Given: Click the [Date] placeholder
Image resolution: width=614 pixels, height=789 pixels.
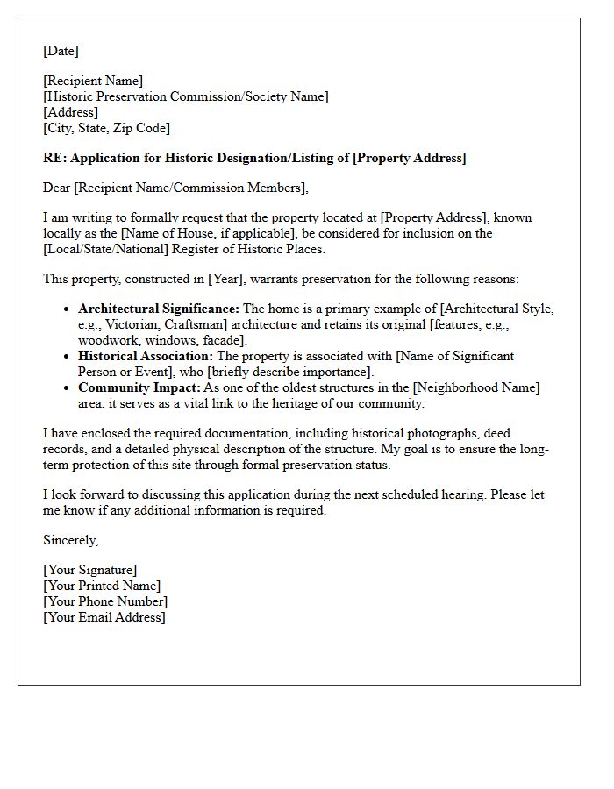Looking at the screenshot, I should click(x=61, y=52).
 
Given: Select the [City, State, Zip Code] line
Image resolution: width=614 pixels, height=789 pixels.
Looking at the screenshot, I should click(x=106, y=129).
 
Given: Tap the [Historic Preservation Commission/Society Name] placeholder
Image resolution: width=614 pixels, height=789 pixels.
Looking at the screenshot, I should click(x=186, y=97).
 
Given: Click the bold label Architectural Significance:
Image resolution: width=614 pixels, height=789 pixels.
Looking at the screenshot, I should click(x=159, y=309).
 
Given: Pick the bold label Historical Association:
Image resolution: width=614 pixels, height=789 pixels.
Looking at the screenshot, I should click(x=146, y=357).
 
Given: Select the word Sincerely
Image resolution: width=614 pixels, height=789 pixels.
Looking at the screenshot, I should click(x=70, y=541).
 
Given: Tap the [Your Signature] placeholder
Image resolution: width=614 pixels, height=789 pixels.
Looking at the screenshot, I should click(x=90, y=571).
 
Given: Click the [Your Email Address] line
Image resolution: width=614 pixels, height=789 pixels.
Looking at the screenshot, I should click(x=104, y=618).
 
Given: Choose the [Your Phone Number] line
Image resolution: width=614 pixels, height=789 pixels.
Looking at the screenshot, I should click(x=105, y=602).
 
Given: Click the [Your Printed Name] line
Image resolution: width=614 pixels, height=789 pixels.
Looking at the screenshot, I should click(x=102, y=586).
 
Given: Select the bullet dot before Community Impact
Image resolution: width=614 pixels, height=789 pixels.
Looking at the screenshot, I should click(x=68, y=388).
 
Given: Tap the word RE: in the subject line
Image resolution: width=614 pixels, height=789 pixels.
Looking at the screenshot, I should click(x=54, y=159).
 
